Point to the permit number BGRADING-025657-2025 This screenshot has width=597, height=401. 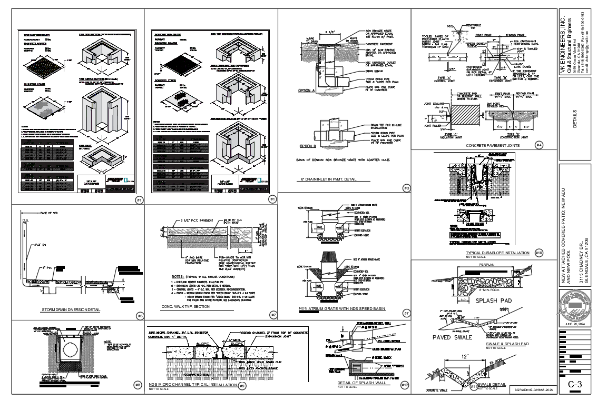click(536, 390)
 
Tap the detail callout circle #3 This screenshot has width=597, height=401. click(406, 188)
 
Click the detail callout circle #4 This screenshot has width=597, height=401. click(539, 144)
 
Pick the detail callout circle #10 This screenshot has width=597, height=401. click(539, 253)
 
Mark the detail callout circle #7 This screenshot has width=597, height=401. click(406, 313)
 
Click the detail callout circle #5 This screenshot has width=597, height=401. click(139, 316)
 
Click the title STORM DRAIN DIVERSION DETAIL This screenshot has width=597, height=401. click(71, 309)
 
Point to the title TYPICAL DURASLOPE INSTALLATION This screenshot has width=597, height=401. click(497, 253)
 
